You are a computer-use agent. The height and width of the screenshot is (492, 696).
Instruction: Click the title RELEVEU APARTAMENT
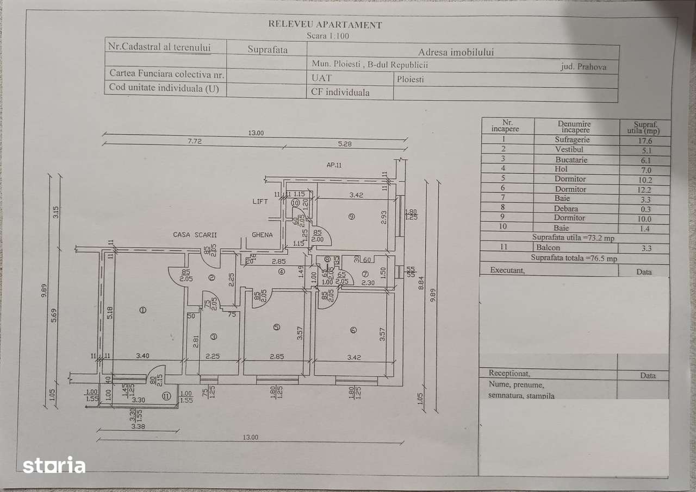coord(325,24)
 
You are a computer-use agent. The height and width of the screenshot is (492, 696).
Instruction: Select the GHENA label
coord(262,235)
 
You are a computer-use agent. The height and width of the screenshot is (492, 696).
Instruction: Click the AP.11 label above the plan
coord(334,165)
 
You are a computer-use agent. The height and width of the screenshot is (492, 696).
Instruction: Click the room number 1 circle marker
coord(142,310)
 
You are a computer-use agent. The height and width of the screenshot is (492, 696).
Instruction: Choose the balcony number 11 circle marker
coord(165,396)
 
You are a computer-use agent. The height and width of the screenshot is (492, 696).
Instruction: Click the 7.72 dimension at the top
coord(195,141)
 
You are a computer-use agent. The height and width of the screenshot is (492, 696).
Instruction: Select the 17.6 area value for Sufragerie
coord(645,140)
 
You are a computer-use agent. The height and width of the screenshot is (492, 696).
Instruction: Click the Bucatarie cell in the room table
coord(571,160)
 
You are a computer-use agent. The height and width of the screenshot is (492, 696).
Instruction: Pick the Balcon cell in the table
coord(548,248)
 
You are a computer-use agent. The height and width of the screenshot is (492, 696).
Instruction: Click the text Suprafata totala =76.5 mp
coord(574,258)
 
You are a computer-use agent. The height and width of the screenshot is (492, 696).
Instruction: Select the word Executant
coord(507,270)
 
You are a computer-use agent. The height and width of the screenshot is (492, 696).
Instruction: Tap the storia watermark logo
coord(54,465)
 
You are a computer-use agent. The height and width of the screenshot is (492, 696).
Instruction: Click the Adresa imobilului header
coord(456,52)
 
